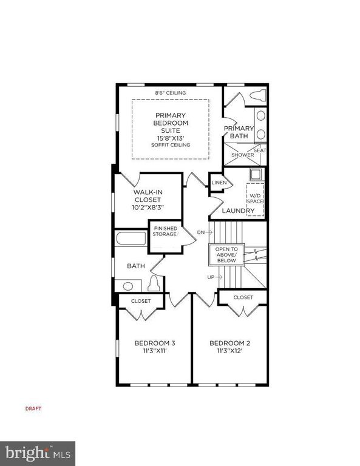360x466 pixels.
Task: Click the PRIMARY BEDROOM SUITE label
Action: pyautogui.click(x=171, y=123)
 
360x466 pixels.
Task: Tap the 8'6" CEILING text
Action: pyautogui.click(x=171, y=93)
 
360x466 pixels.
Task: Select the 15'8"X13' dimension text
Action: pyautogui.click(x=171, y=138)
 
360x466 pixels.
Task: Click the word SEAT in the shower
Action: pyautogui.click(x=259, y=150)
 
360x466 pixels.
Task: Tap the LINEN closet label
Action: pyautogui.click(x=219, y=183)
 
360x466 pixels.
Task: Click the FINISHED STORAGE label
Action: pyautogui.click(x=165, y=231)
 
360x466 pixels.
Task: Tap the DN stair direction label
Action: pyautogui.click(x=202, y=232)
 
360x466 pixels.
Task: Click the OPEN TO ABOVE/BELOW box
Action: pyautogui.click(x=226, y=255)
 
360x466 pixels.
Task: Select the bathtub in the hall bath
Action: pyautogui.click(x=131, y=238)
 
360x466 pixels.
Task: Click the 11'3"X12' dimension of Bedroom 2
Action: pyautogui.click(x=229, y=351)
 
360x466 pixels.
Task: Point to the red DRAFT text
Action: pyautogui.click(x=33, y=408)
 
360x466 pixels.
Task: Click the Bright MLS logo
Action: pyautogui.click(x=38, y=453)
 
